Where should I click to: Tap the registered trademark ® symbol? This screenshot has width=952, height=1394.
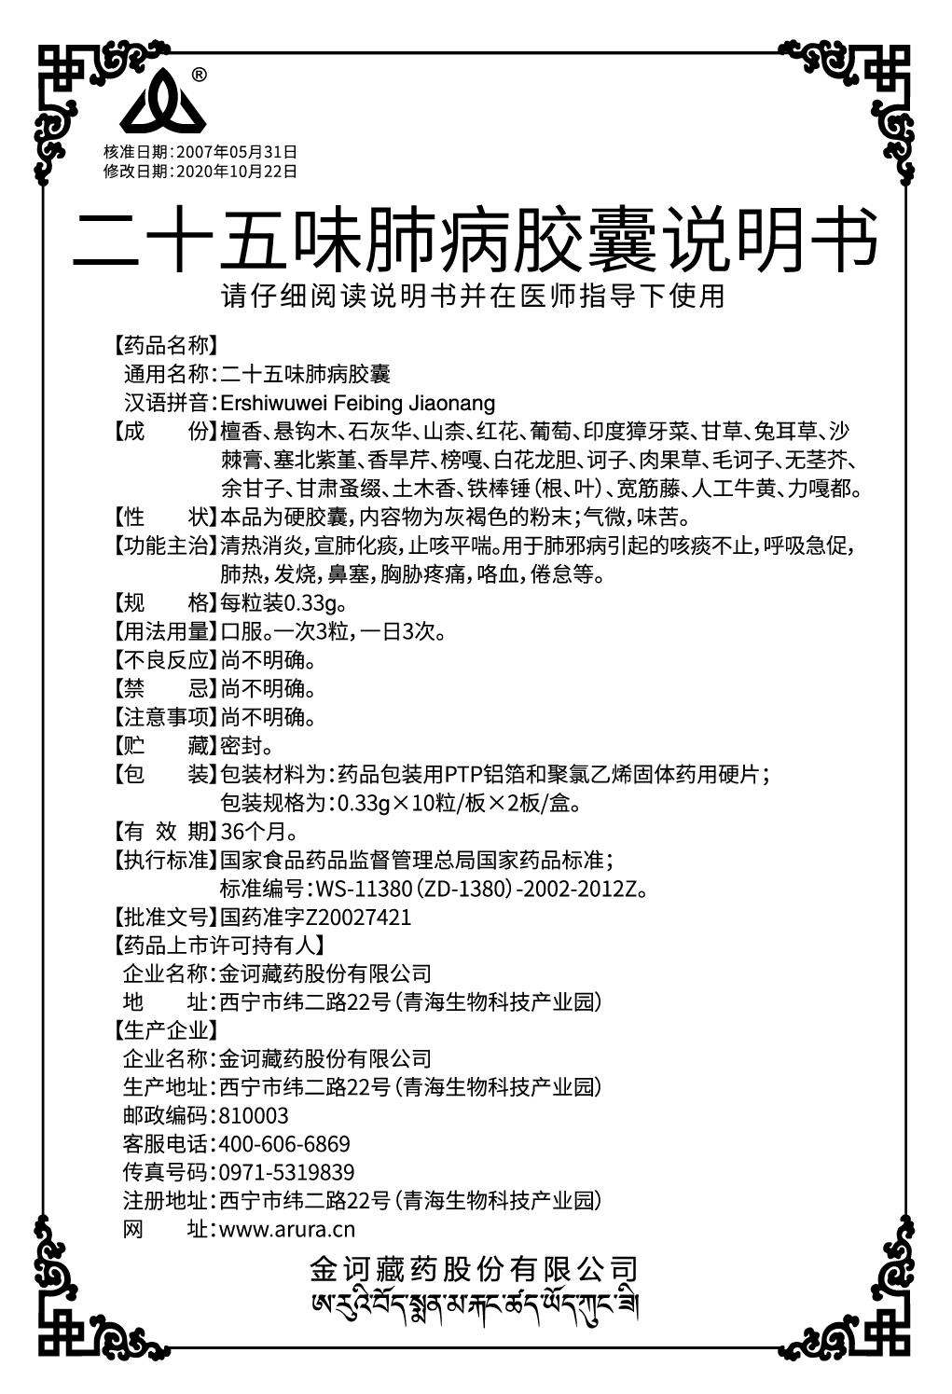click(199, 75)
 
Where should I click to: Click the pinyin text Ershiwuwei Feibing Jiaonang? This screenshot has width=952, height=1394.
click(356, 404)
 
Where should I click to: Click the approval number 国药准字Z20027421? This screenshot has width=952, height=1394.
click(314, 917)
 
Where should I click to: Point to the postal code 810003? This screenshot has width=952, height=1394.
click(253, 1115)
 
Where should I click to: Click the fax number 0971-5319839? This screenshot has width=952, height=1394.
click(285, 1172)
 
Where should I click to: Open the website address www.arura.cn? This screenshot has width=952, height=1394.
click(286, 1230)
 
